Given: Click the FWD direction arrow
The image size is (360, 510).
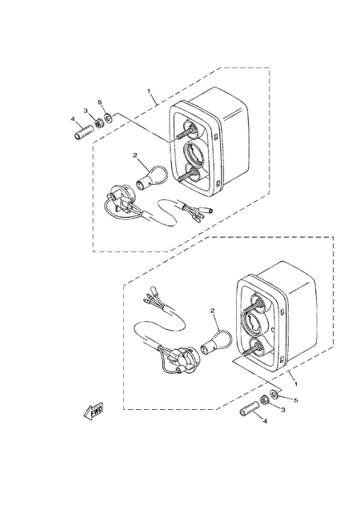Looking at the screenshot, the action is (x=94, y=412).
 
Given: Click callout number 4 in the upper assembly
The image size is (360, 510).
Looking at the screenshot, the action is (x=73, y=119).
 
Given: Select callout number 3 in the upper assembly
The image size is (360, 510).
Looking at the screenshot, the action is (x=86, y=110).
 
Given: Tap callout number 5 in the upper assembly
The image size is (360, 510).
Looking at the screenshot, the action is (x=100, y=102).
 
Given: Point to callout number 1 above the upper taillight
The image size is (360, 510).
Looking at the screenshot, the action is (x=149, y=90).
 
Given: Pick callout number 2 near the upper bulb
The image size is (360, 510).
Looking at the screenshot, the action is (x=135, y=155).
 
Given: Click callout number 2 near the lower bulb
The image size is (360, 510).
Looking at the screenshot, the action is (x=213, y=311).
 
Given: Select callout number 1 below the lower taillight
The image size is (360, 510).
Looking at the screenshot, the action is (x=296, y=384).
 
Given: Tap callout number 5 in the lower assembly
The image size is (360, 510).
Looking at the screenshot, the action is (x=296, y=400).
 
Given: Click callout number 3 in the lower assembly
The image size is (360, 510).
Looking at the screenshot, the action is (x=283, y=410).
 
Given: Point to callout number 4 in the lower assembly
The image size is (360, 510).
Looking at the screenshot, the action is (x=265, y=421).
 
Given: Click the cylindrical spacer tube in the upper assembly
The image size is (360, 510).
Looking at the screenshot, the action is (x=83, y=133).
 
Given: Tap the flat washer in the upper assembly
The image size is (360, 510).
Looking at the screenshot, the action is (x=108, y=116).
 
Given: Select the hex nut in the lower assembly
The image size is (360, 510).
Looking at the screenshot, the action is (x=264, y=400).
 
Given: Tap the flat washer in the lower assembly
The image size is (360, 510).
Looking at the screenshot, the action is (x=274, y=394).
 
